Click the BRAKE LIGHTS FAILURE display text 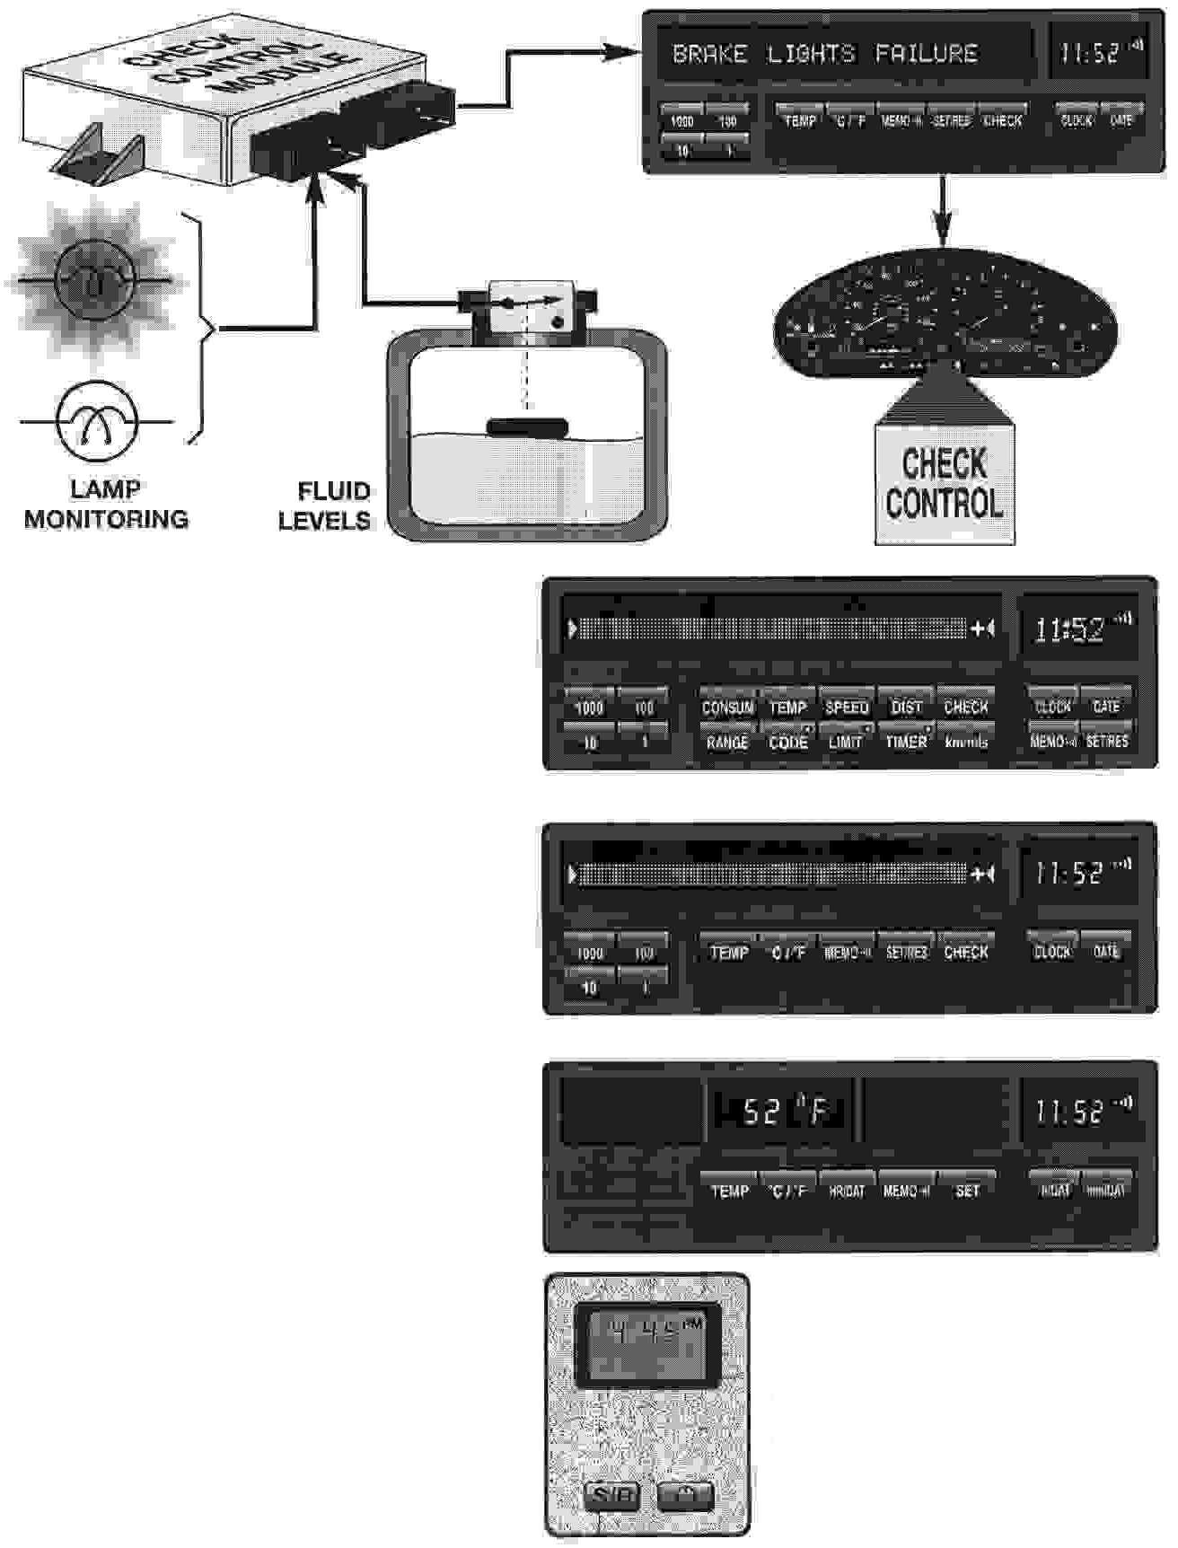click(824, 54)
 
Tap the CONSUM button click(727, 707)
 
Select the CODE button click(787, 742)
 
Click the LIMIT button click(846, 742)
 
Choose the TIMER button click(906, 742)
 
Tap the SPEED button click(846, 707)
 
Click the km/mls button click(966, 742)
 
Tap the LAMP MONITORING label click(106, 505)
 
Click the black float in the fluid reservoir click(527, 427)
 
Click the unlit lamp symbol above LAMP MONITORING click(97, 421)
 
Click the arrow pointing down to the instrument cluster click(941, 212)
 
